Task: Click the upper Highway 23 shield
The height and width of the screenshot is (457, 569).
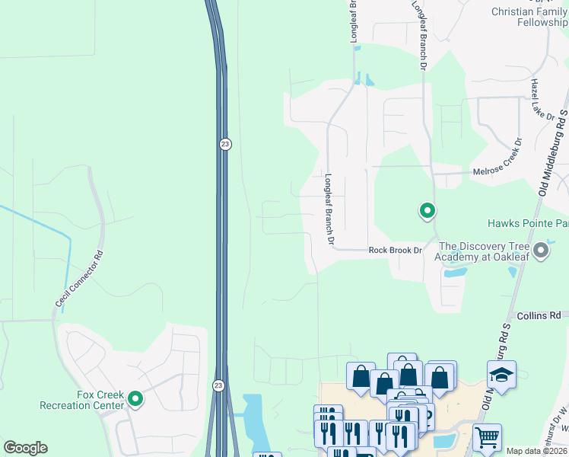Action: pos(224,144)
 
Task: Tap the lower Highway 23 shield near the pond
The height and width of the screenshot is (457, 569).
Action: pos(218,386)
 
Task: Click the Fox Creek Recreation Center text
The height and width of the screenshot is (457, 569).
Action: pos(100,400)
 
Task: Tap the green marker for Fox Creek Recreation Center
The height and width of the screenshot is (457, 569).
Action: pos(135,398)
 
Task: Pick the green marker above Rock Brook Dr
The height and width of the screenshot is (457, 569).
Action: pos(428,210)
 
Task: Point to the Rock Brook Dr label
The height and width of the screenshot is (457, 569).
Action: pos(395,250)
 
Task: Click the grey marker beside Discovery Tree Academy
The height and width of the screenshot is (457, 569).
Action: pos(541,250)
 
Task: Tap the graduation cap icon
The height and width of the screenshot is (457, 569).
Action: pos(501,374)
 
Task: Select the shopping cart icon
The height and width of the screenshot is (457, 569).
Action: pos(487,437)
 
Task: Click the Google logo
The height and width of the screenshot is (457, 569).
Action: pos(25,448)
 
